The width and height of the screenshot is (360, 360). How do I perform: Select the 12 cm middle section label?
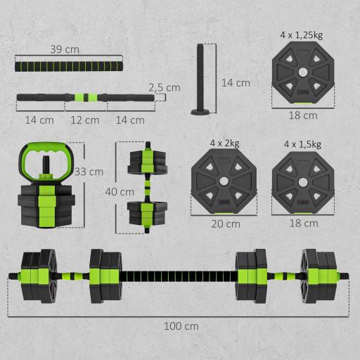click(x=86, y=120)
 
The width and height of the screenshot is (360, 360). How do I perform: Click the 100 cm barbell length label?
click(x=181, y=326)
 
